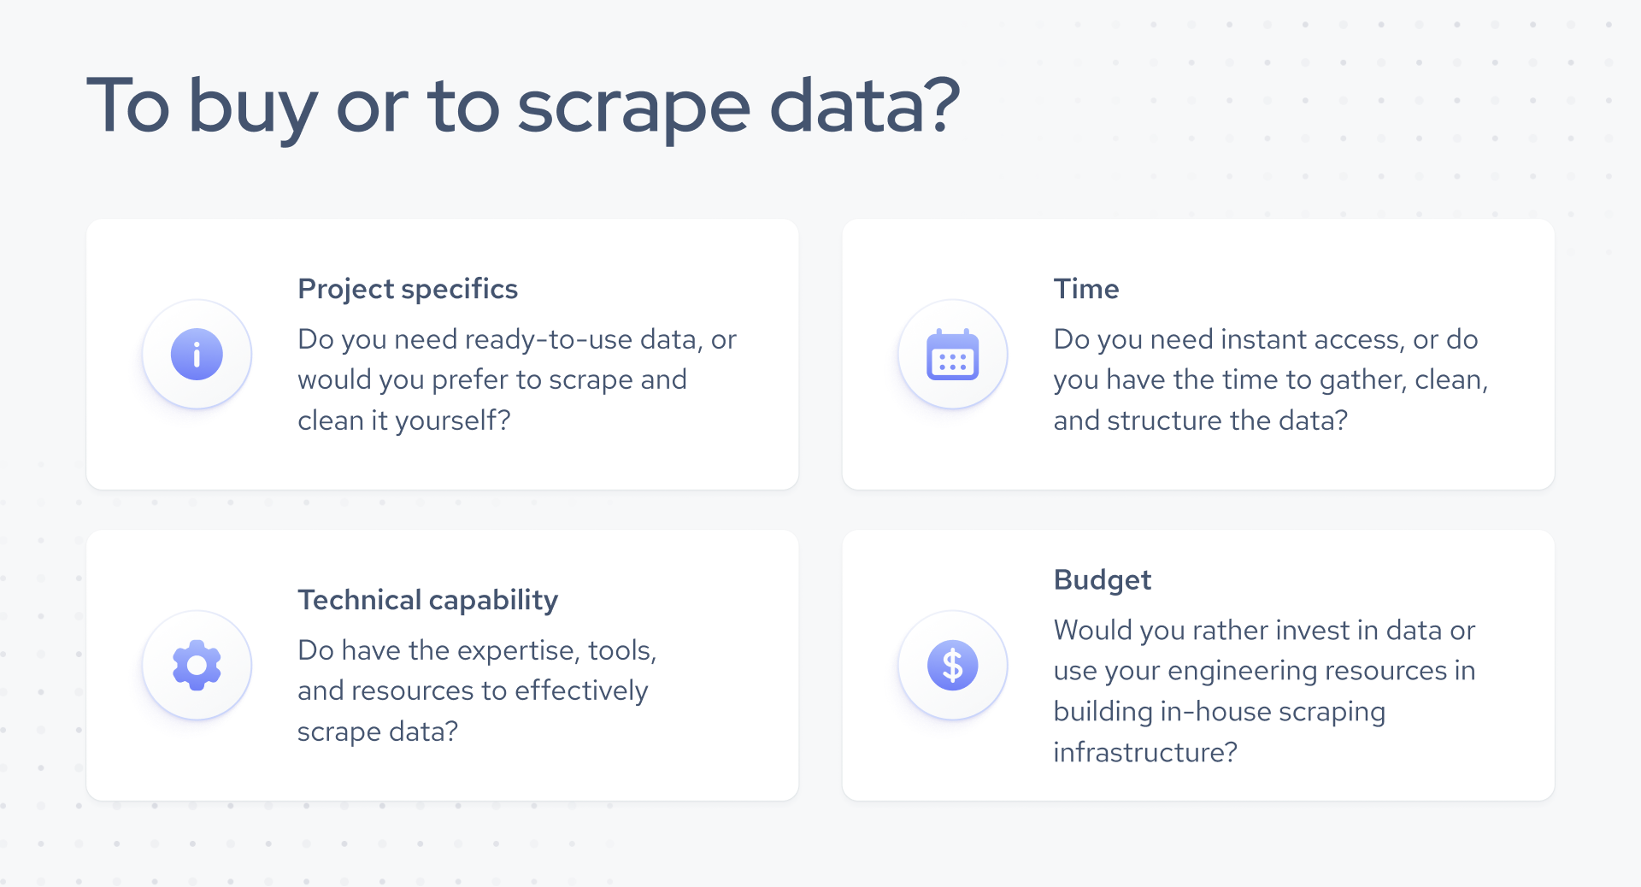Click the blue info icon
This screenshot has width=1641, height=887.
tap(197, 354)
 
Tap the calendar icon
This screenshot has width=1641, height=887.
tap(952, 354)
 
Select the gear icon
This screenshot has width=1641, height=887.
tap(197, 665)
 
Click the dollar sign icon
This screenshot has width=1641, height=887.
tap(952, 665)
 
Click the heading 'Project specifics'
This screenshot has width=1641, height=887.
tap(408, 289)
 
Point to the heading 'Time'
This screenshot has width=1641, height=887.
tap(1085, 289)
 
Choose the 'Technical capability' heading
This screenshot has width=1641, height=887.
tap(427, 600)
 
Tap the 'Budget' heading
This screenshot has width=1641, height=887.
tap(1102, 580)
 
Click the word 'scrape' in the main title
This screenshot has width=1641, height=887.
tap(633, 107)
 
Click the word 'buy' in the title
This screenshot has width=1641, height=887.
tap(252, 107)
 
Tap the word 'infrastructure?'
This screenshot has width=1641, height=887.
tap(1144, 752)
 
